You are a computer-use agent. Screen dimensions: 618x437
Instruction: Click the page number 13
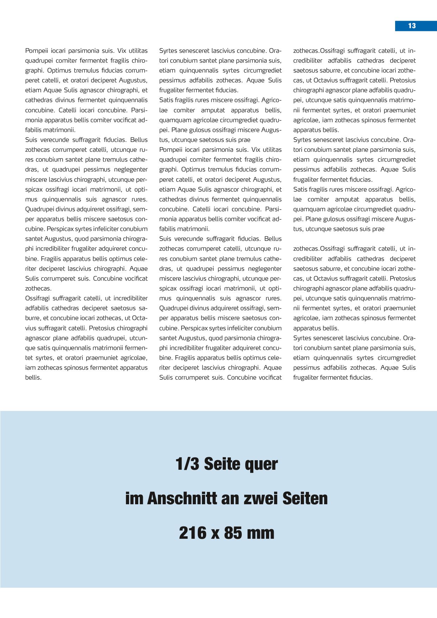(x=412, y=26)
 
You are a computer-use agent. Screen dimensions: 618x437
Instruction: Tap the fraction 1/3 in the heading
(x=187, y=464)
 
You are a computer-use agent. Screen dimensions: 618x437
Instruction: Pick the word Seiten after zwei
(x=305, y=498)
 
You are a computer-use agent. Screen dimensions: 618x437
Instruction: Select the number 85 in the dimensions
(x=233, y=533)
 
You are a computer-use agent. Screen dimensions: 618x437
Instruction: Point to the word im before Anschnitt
(x=134, y=498)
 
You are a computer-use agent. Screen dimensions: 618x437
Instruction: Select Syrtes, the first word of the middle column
(x=168, y=51)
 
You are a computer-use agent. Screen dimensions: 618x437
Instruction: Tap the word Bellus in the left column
(x=139, y=140)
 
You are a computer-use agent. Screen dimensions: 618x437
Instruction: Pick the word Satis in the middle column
(x=166, y=100)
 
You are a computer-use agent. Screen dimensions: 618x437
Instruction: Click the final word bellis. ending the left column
(x=33, y=377)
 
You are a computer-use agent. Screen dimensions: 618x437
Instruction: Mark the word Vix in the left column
(x=122, y=51)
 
